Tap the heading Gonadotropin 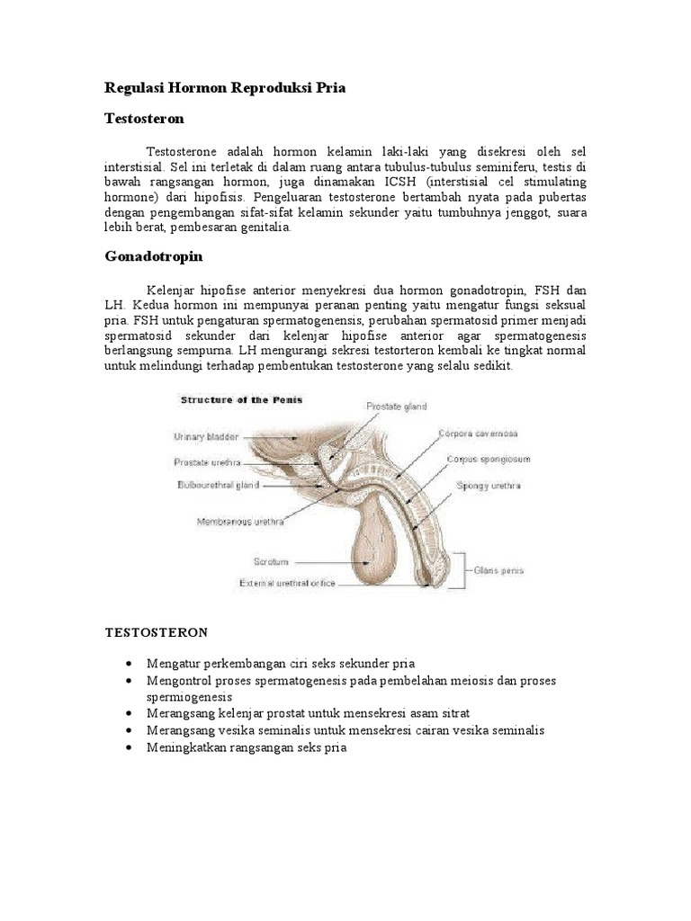154,256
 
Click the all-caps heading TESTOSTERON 157,632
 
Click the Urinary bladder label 206,437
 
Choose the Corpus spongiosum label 489,459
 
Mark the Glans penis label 499,568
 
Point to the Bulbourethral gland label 217,485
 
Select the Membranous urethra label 241,521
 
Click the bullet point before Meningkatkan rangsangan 133,748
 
